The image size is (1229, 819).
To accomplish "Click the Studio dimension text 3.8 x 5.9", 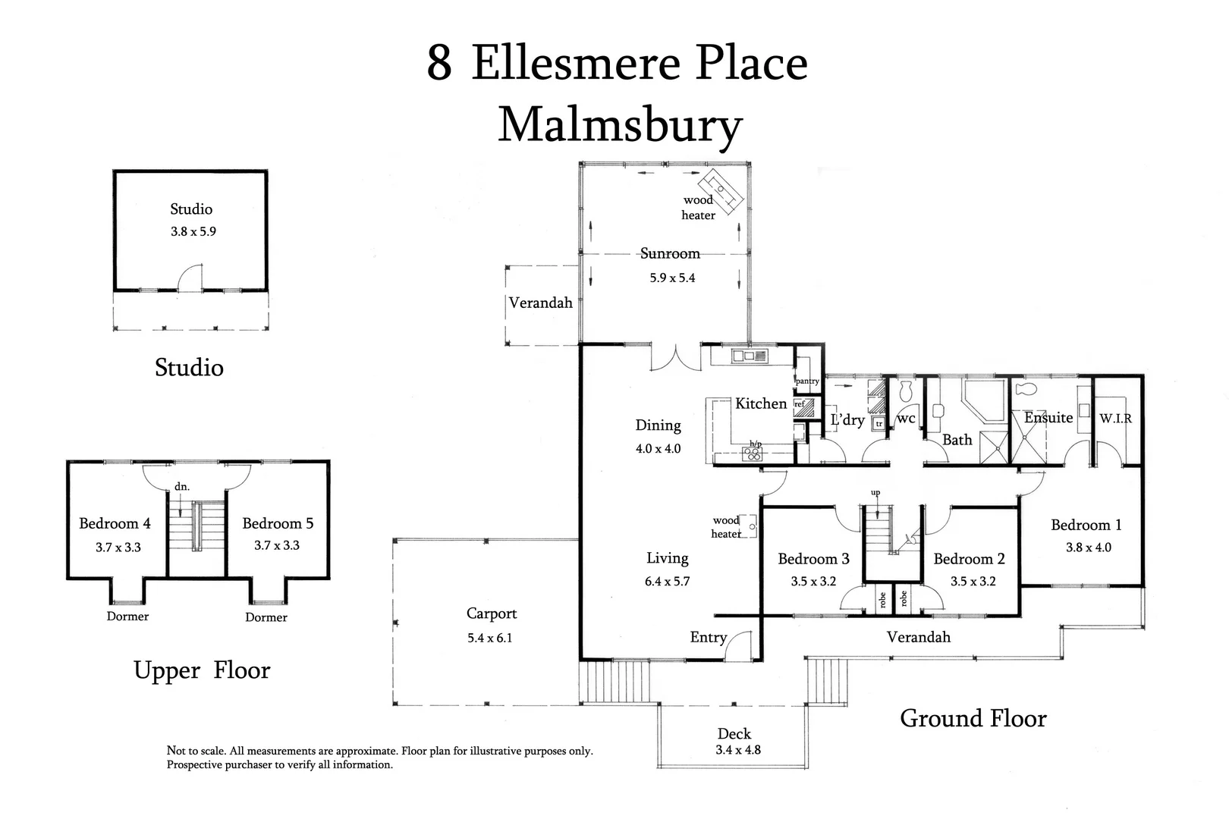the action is pos(193,231).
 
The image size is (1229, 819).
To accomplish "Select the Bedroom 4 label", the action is pos(115,523).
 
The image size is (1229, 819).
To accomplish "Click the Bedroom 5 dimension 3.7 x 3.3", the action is pos(276,545).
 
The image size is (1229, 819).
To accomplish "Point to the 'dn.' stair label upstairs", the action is pos(181,487).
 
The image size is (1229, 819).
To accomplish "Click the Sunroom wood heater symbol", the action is pos(721,191).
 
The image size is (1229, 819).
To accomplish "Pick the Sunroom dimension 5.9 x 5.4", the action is pos(672,278).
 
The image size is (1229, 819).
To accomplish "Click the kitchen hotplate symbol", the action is pos(753,453).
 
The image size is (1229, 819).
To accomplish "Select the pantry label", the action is pos(807,381).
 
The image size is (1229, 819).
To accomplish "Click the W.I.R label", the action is pos(1115,419).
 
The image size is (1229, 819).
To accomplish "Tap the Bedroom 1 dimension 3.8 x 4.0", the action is pos(1089,548).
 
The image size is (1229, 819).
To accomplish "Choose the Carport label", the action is pos(492,613).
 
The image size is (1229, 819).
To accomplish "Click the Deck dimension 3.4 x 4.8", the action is pos(738,750).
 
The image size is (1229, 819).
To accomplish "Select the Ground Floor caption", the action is pos(973,719).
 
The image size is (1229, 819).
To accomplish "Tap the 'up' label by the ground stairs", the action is pos(875,493).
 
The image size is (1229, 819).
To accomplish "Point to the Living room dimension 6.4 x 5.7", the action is pos(667,582).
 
